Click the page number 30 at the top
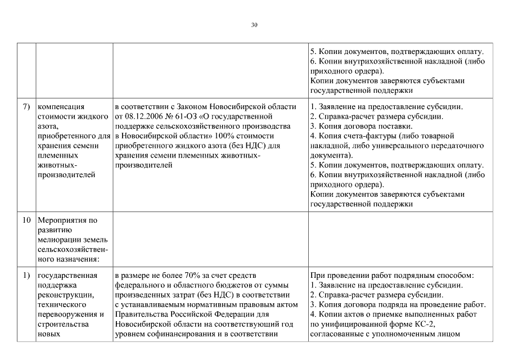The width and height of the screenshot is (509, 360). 254,25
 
